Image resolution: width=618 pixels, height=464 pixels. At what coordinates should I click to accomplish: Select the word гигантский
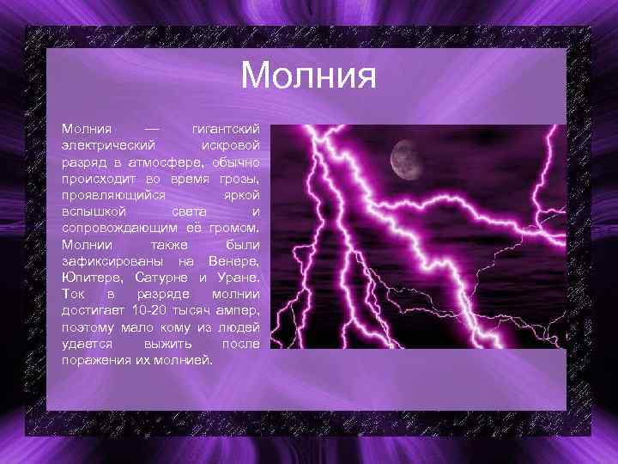click(x=225, y=128)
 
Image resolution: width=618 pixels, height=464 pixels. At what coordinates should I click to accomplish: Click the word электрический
click(x=108, y=144)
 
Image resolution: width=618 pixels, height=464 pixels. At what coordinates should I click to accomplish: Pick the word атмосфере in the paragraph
click(x=168, y=161)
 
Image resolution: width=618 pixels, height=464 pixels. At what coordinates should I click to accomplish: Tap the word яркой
click(x=239, y=194)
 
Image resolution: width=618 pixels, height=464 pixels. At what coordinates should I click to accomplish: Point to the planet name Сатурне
click(x=163, y=277)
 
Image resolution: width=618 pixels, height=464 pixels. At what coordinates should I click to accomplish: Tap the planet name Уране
click(x=237, y=277)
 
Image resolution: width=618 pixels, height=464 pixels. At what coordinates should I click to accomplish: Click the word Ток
click(x=74, y=293)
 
